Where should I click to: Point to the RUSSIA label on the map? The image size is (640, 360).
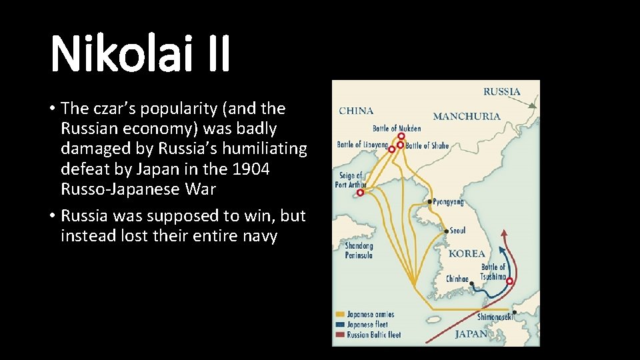[501, 91]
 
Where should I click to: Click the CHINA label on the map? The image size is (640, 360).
[356, 111]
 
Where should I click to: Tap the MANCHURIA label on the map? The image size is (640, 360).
[466, 116]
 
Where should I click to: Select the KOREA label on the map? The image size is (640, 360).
[467, 254]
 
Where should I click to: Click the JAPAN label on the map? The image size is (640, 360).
[471, 334]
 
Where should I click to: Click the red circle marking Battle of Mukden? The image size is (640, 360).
[401, 136]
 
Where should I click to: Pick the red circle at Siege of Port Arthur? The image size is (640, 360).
[361, 193]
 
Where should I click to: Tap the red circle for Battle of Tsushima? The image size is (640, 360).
[510, 281]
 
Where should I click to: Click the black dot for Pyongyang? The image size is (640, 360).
[430, 201]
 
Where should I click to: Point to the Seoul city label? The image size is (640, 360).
[457, 231]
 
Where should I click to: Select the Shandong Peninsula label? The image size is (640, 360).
[359, 250]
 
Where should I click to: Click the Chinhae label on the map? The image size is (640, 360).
[457, 279]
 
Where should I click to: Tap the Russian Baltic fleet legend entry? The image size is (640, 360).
[373, 335]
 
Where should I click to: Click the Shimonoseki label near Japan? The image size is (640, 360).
[495, 317]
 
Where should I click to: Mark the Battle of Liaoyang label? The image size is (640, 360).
[362, 144]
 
